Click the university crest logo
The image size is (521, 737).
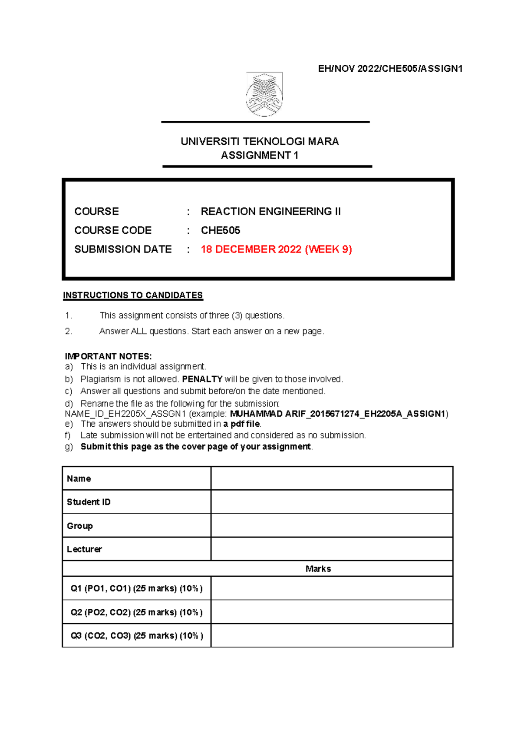(x=264, y=94)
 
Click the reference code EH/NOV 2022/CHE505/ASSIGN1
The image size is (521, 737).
(x=390, y=69)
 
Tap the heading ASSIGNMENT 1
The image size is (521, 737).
(x=260, y=155)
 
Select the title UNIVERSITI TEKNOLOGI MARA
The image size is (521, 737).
(x=260, y=141)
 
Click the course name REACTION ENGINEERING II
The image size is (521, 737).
(x=270, y=212)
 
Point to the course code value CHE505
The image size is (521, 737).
(x=220, y=230)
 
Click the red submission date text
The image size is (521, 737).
(x=276, y=249)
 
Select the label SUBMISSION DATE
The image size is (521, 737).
(x=123, y=249)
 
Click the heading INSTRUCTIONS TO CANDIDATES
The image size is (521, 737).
(x=133, y=295)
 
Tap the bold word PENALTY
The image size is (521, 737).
(x=202, y=379)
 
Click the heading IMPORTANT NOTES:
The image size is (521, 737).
(x=108, y=356)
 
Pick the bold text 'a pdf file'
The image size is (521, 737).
(x=241, y=424)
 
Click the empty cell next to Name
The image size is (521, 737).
(x=332, y=478)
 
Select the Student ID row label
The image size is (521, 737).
(x=89, y=502)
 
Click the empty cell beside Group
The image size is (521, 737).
(x=332, y=525)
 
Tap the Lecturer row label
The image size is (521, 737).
(x=84, y=549)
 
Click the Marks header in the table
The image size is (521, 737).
(x=318, y=569)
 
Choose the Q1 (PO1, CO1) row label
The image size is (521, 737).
(x=136, y=588)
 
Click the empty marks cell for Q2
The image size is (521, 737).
(x=332, y=612)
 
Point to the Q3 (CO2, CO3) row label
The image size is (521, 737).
(x=136, y=636)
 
